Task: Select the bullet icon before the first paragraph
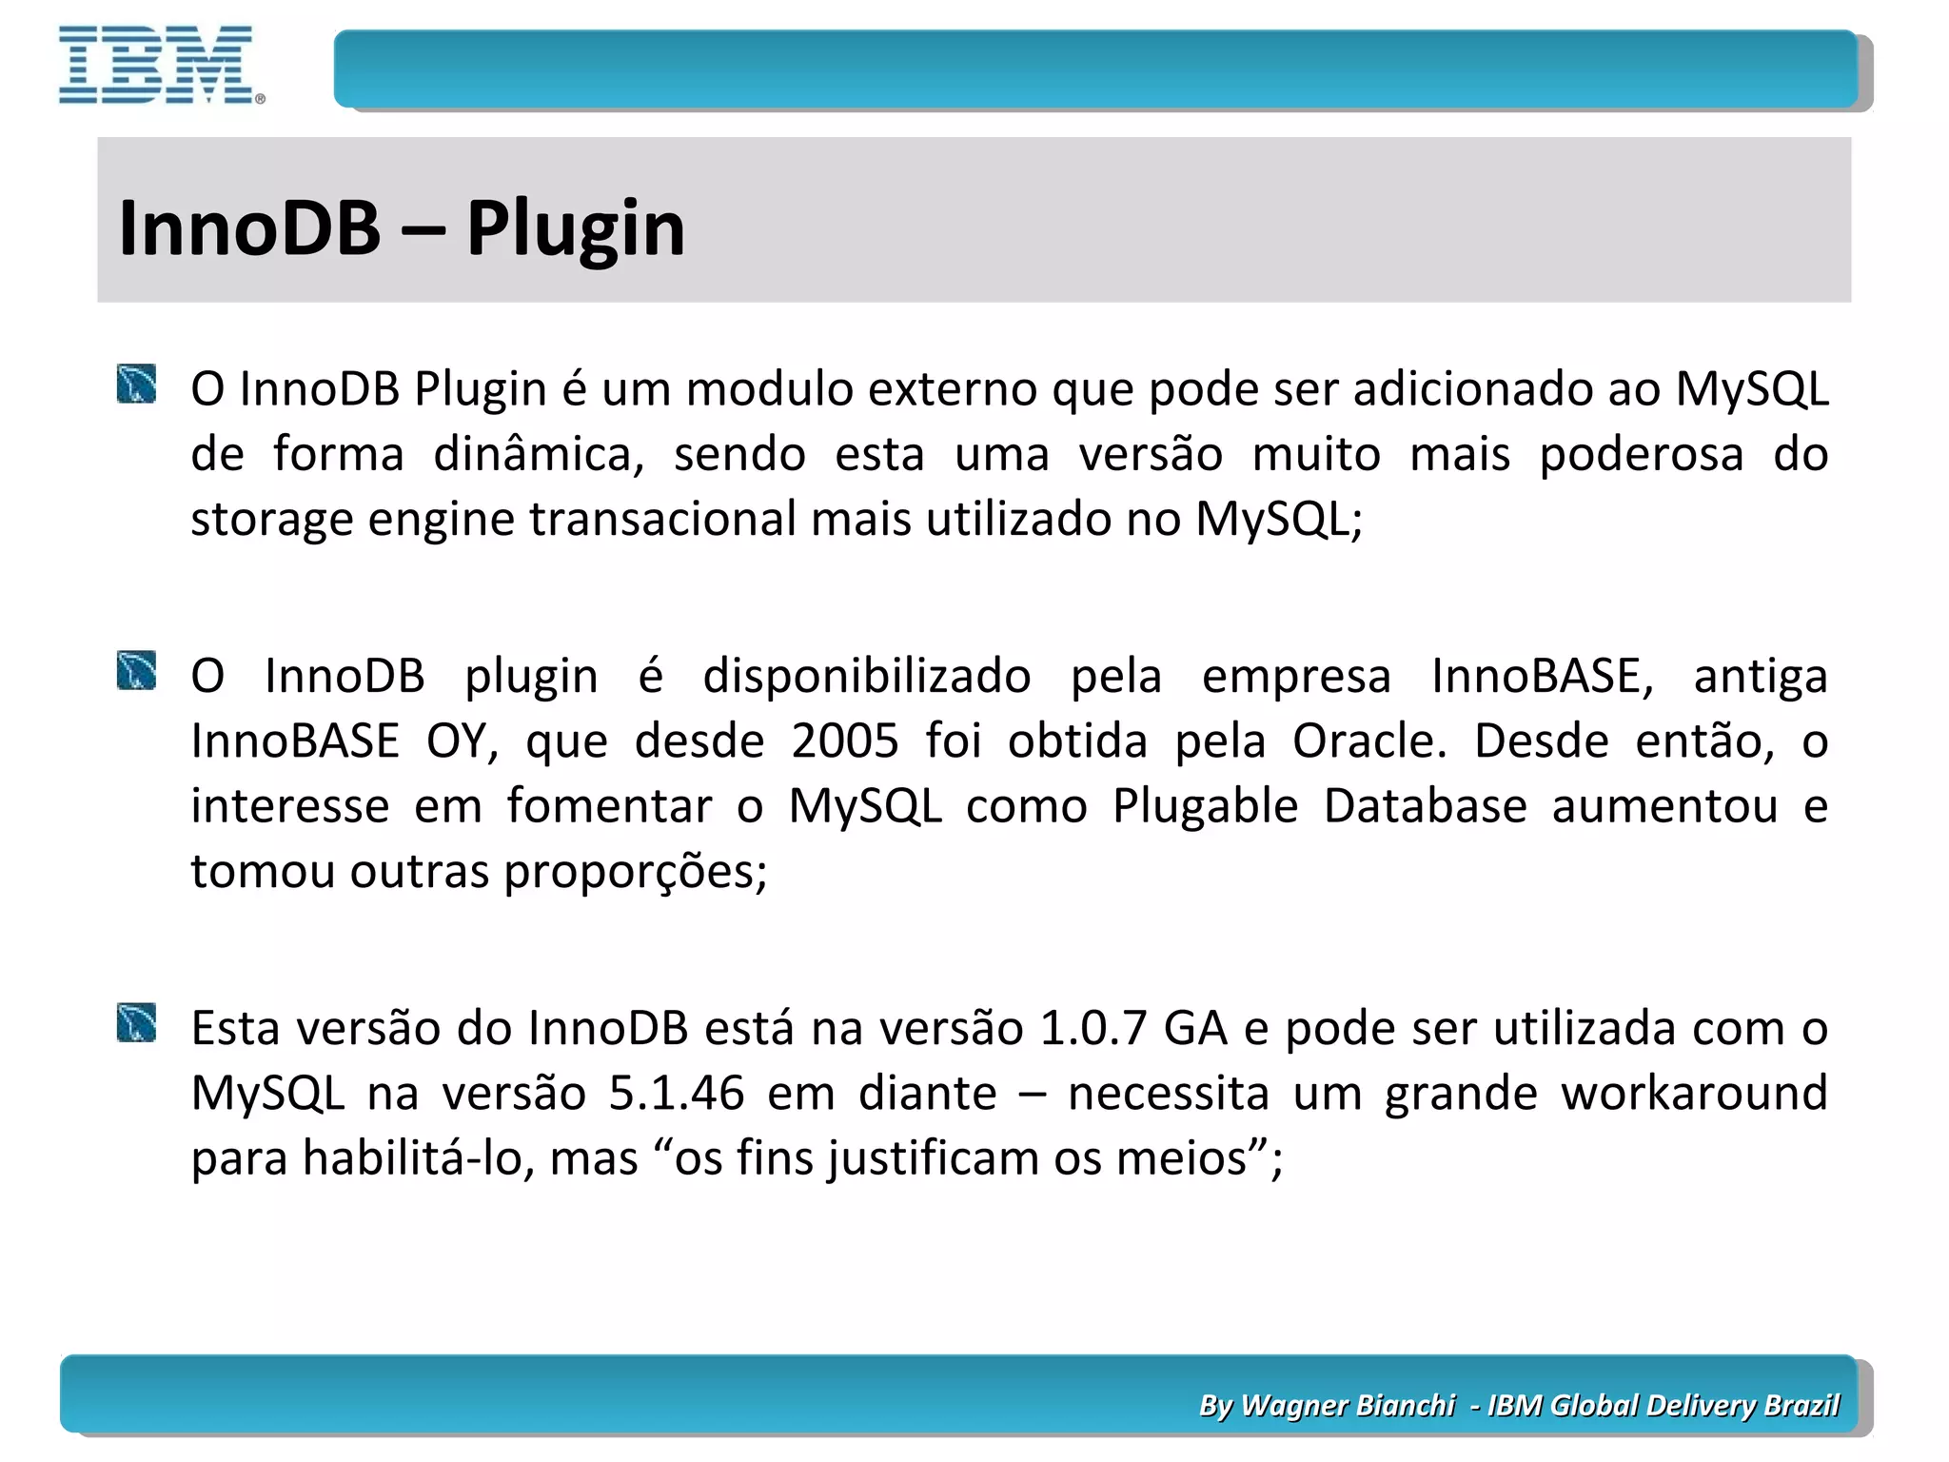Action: pos(136,385)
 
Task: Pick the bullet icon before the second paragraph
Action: pos(136,671)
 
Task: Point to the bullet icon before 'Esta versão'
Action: pos(136,1023)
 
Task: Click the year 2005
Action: pos(844,741)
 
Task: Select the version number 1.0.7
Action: pos(1093,1028)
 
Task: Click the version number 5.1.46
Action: pos(676,1093)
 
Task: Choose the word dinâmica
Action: pos(539,454)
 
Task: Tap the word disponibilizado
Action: pos(866,676)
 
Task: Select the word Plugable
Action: pos(1205,806)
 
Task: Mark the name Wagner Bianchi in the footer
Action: pos(1348,1405)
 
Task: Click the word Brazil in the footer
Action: pos(1801,1405)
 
